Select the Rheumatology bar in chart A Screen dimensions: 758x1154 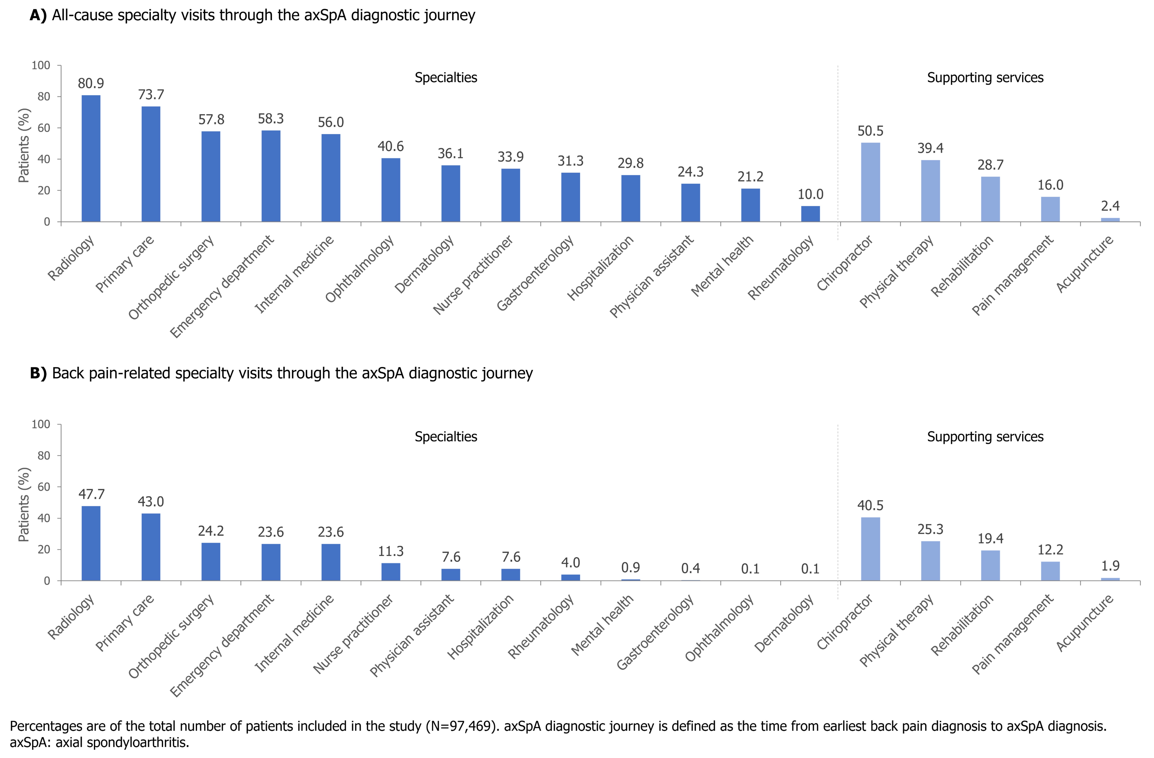pos(810,214)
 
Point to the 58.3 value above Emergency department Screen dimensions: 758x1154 pos(271,119)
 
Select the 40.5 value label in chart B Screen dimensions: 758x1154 pos(870,506)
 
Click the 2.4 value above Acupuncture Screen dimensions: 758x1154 pos(1110,206)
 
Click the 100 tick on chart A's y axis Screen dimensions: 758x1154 pos(41,65)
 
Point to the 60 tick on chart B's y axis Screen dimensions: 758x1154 pos(44,487)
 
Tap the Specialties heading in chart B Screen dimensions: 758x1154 pos(446,437)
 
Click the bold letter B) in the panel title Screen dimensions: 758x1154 pos(38,373)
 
